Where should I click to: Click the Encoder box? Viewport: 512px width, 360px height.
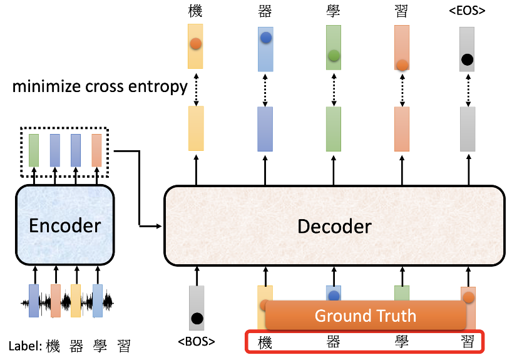pos(64,225)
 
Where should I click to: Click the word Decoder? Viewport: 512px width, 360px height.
pos(334,226)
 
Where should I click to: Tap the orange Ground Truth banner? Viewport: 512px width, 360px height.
pos(365,316)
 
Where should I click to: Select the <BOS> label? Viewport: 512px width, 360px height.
pos(197,342)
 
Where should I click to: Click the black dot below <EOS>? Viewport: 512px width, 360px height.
pos(466,60)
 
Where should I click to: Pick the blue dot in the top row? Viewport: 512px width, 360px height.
pos(265,38)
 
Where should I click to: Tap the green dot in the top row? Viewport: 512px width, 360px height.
pos(334,56)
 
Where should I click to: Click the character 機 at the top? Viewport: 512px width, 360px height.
pos(195,11)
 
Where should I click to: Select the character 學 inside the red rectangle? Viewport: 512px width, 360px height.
pos(402,342)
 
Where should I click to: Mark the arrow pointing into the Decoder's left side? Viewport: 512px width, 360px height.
pos(150,225)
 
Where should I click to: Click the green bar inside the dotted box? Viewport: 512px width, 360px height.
pos(33,150)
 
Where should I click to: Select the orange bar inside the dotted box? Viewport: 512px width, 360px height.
pos(96,150)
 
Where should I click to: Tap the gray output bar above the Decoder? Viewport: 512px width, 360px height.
pos(467,128)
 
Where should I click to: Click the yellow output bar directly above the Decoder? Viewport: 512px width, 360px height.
pos(196,128)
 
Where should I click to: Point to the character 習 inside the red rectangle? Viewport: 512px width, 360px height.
pos(467,342)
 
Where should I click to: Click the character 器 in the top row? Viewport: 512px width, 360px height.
pos(265,11)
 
